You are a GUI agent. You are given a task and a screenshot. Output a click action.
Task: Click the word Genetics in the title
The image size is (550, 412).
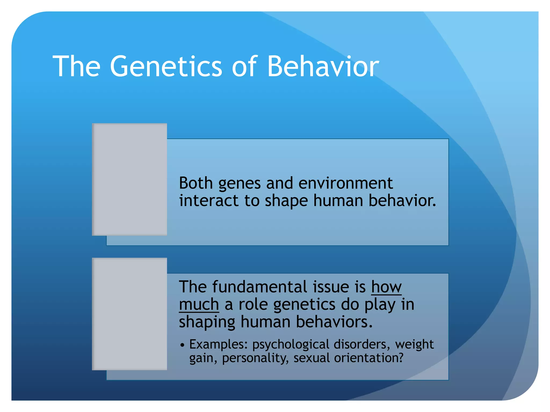[166, 67]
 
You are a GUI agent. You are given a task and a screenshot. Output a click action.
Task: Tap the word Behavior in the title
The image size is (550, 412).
[323, 67]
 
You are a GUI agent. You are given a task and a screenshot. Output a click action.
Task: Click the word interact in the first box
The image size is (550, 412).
[209, 201]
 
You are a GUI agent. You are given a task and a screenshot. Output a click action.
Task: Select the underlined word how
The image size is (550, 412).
[386, 287]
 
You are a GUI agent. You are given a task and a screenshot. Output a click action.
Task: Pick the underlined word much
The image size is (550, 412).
[199, 305]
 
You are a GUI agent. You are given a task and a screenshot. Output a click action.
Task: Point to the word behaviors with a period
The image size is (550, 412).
[334, 322]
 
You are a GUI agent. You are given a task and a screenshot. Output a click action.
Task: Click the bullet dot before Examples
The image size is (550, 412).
[182, 345]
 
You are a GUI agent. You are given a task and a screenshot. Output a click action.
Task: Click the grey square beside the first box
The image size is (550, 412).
[129, 179]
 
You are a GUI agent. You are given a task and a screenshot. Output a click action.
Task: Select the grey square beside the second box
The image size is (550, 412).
[129, 314]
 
